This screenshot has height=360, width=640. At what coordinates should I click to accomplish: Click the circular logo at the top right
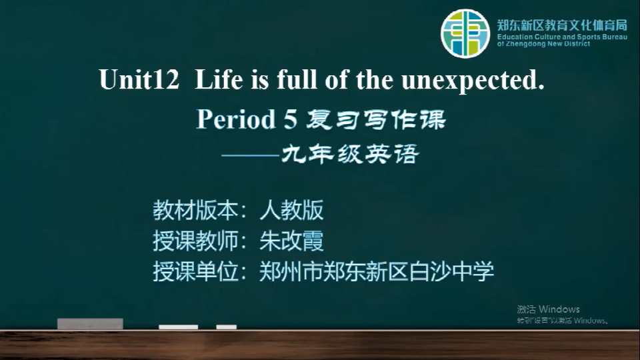(465, 33)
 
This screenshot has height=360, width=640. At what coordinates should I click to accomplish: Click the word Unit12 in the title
(139, 79)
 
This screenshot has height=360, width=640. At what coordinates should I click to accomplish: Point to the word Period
(236, 119)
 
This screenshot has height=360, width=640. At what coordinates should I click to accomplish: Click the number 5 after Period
(290, 119)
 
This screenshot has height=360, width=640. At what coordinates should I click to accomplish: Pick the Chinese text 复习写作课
(376, 119)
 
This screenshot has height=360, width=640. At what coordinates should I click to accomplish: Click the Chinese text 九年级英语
(350, 154)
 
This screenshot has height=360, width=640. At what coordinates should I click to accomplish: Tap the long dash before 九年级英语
(250, 155)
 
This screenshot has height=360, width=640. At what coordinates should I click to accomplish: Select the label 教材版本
(195, 210)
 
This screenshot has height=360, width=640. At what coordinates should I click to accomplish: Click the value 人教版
(291, 210)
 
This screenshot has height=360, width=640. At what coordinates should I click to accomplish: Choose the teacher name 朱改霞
(291, 241)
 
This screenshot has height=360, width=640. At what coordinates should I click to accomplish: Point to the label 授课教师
(195, 241)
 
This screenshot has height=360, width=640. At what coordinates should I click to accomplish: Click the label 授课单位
(195, 271)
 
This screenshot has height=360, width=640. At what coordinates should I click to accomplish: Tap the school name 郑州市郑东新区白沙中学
(377, 271)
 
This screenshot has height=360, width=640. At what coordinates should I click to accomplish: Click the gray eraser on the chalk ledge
(90, 324)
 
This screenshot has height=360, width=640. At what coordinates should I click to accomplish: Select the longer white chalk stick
(179, 327)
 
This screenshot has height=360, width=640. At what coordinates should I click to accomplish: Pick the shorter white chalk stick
(227, 327)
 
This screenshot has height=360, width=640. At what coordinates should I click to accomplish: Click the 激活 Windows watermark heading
(548, 309)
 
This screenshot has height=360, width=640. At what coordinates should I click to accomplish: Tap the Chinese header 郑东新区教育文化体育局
(562, 25)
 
